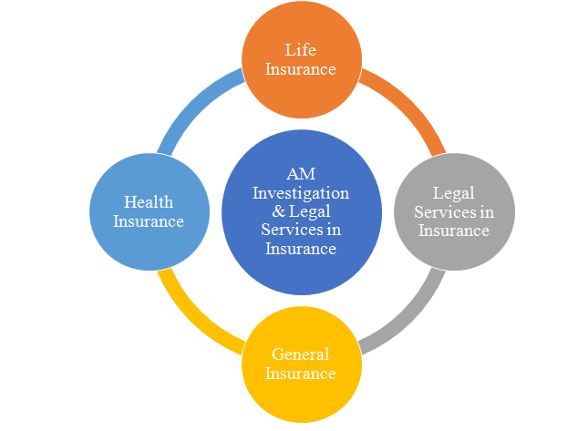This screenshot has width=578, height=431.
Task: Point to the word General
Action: pyautogui.click(x=300, y=354)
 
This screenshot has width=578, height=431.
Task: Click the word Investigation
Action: pyautogui.click(x=301, y=194)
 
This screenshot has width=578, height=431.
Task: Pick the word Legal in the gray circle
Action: pyautogui.click(x=454, y=194)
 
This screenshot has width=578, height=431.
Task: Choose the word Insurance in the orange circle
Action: pyautogui.click(x=300, y=69)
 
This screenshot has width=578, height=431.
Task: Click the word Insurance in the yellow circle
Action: pyautogui.click(x=300, y=374)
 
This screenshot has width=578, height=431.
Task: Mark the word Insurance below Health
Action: pyautogui.click(x=150, y=221)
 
